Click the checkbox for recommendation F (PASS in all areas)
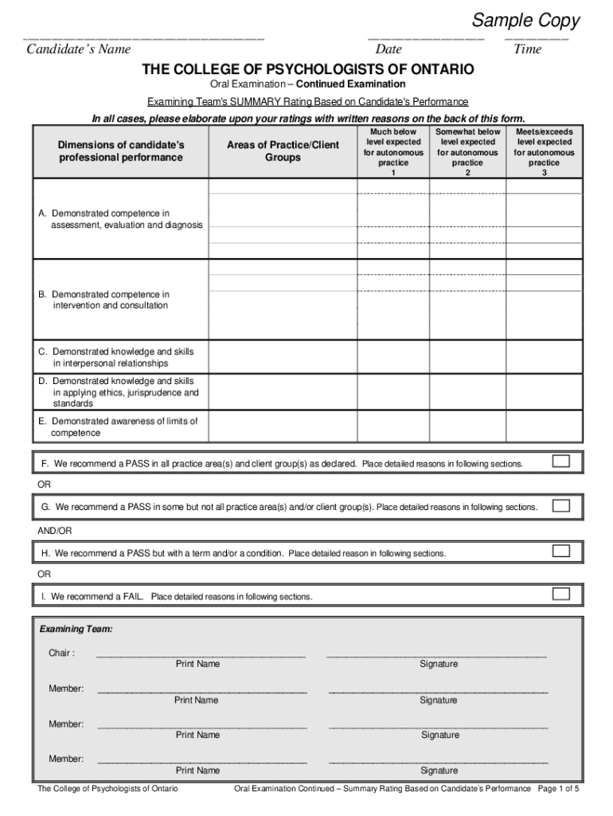tap(561, 461)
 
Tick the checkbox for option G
tap(561, 505)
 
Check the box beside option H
tap(561, 551)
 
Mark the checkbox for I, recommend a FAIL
tap(561, 594)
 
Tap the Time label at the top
tap(528, 49)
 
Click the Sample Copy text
tap(526, 21)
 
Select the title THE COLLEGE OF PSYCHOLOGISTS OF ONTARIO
tap(307, 70)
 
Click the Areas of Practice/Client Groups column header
tap(283, 151)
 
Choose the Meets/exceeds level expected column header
tap(545, 151)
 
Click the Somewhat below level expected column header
tap(467, 151)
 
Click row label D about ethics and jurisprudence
tap(119, 392)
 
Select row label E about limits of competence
tap(119, 426)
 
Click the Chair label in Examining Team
tap(62, 653)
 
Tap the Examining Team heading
tap(76, 629)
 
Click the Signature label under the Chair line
tap(439, 664)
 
